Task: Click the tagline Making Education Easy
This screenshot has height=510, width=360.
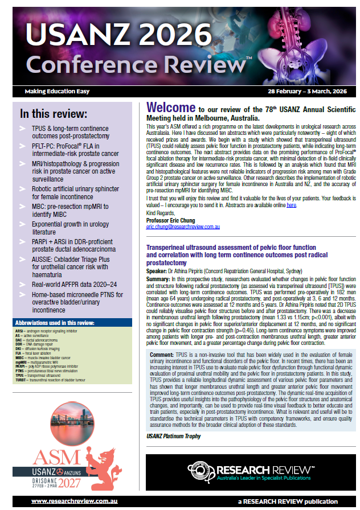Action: point(52,92)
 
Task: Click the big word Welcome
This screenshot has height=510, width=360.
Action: point(170,108)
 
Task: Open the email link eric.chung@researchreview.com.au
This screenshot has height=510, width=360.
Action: point(183,226)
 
